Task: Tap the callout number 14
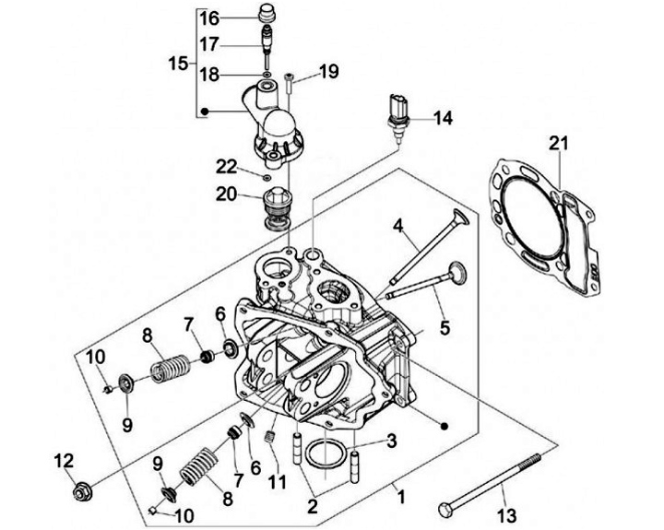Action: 445,118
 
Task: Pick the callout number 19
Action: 328,72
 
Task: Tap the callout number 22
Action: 228,166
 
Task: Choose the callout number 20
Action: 226,194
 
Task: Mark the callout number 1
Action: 399,497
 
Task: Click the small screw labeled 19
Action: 289,83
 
